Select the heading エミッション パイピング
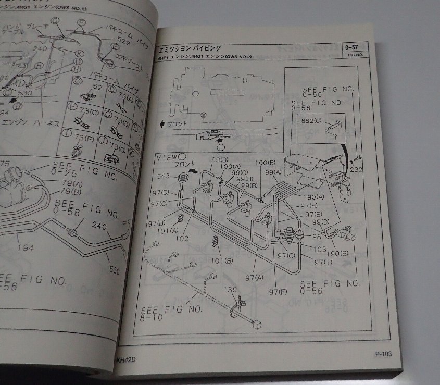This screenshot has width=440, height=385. [x=189, y=48]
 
